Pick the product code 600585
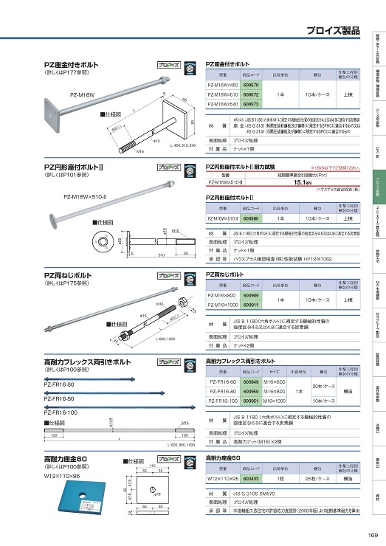[252, 218]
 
